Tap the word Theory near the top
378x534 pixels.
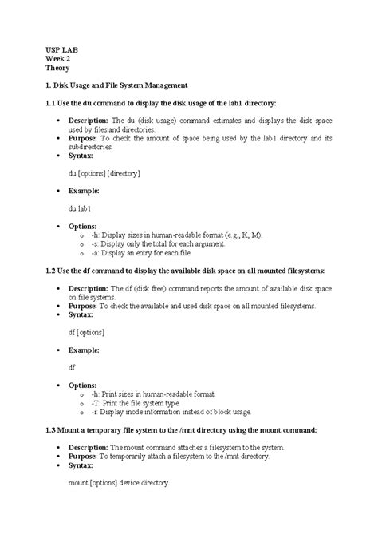57,69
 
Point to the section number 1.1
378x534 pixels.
52,103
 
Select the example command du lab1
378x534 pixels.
80,208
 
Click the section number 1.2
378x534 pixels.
52,271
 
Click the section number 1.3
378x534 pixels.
52,429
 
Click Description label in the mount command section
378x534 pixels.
89,447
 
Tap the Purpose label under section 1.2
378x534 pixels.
84,306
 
